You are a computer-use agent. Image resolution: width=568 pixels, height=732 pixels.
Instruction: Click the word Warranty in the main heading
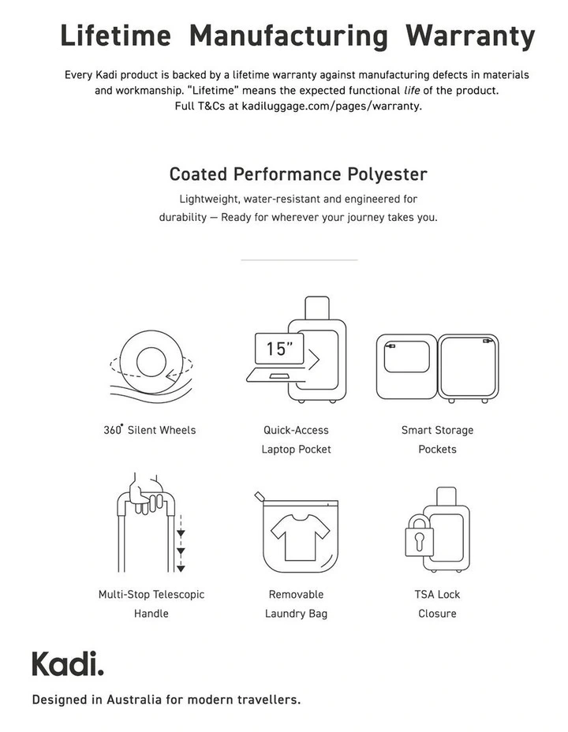470,35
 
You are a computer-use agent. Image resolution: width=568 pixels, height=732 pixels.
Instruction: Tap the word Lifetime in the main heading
115,35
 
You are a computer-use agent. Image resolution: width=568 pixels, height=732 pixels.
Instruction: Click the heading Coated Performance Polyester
298,174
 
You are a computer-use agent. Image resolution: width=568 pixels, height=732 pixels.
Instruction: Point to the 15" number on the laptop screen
279,349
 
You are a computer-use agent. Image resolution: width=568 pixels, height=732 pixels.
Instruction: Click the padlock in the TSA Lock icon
415,540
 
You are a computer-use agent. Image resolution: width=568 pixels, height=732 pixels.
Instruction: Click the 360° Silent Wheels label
149,430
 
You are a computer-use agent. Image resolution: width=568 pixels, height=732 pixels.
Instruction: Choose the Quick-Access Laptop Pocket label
296,439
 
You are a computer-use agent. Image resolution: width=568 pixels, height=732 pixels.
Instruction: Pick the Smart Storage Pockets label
437,439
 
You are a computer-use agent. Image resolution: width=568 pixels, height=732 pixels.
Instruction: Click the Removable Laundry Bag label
296,603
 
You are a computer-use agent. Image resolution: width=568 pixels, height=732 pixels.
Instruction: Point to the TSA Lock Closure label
437,603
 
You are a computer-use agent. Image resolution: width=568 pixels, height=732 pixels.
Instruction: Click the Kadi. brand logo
67,663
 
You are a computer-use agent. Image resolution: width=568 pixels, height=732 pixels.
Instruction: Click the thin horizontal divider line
298,260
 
